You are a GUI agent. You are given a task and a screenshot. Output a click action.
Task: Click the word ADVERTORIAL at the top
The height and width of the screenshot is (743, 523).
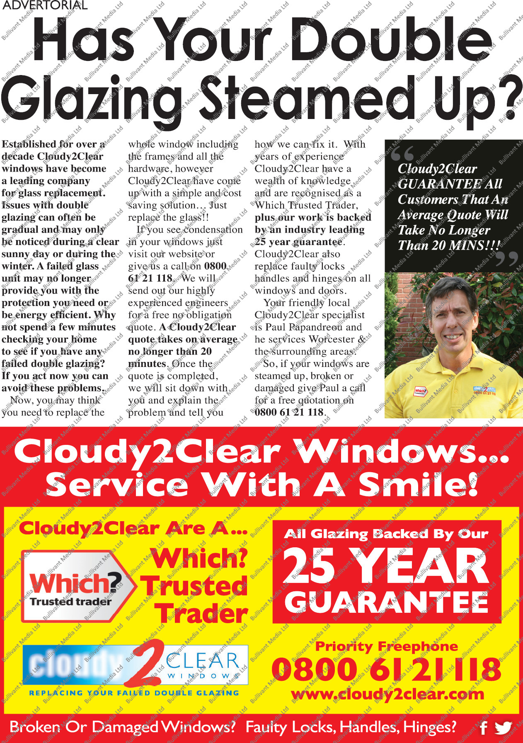pyautogui.click(x=45, y=5)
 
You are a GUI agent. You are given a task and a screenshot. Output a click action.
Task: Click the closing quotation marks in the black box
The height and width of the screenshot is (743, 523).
pyautogui.click(x=506, y=258)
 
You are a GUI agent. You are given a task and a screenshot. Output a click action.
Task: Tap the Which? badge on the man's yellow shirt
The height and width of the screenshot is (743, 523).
pyautogui.click(x=420, y=391)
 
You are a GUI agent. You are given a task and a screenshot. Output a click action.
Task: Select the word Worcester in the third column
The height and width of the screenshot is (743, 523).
pyautogui.click(x=331, y=339)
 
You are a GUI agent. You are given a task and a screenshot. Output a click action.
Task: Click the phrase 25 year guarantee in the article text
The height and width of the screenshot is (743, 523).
pyautogui.click(x=299, y=242)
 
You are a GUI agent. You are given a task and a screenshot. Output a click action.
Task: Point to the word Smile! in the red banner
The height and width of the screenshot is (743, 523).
pyautogui.click(x=418, y=485)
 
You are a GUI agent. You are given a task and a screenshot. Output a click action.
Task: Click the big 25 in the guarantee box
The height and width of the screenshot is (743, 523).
pyautogui.click(x=309, y=566)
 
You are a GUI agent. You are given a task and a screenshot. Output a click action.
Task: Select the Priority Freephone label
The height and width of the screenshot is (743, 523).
pyautogui.click(x=386, y=646)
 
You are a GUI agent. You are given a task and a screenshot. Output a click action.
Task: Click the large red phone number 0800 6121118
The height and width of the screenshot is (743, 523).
pyautogui.click(x=386, y=669)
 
